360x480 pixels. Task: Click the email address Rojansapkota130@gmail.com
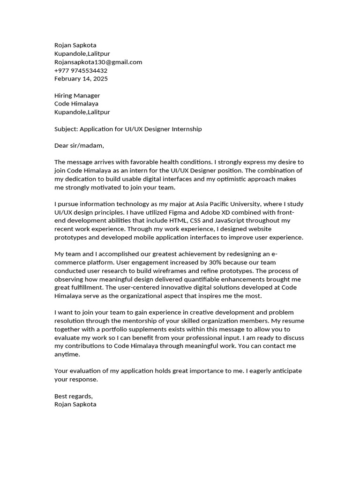[x=98, y=62]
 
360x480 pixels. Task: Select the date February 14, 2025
[x=81, y=78]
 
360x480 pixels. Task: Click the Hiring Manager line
[x=77, y=95]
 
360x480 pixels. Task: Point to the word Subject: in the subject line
[x=66, y=129]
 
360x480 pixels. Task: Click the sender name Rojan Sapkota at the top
[x=75, y=45]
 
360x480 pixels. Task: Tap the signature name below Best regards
[x=75, y=404]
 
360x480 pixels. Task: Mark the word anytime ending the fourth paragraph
[x=67, y=354]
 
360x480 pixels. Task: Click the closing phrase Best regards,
[x=74, y=396]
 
